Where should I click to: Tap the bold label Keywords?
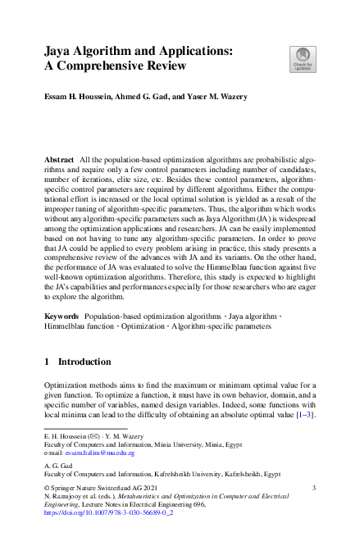click(x=62, y=315)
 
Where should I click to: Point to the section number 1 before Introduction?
click(x=47, y=361)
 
